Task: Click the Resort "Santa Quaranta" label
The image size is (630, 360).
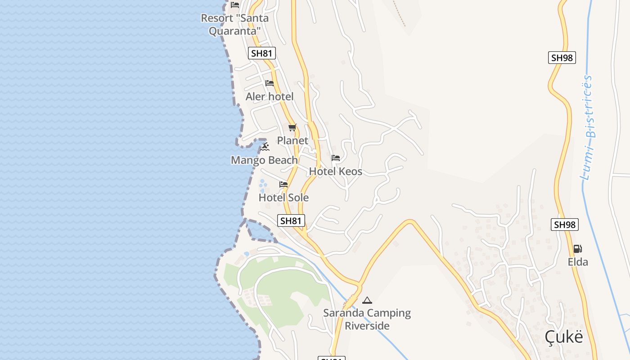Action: coord(234,24)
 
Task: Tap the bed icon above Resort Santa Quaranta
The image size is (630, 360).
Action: coord(235,5)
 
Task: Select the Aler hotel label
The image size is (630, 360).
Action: coord(270,96)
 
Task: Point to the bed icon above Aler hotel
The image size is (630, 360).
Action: coord(270,83)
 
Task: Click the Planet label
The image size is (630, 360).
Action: coord(292,140)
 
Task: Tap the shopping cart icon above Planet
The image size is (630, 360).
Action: coord(292,128)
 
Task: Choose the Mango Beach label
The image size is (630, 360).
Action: coord(264,160)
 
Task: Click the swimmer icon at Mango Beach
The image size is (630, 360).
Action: coord(265,147)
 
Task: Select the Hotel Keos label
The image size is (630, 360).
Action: coord(335,171)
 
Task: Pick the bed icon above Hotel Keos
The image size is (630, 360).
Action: coord(336,158)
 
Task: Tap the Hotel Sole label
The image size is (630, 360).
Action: coord(283,197)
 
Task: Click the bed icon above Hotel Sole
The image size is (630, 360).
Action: coord(283,184)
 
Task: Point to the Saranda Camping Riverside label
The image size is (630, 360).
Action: coord(367,319)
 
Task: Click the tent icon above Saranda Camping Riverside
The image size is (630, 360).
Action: coord(367,300)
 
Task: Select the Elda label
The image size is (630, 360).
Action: coord(578,261)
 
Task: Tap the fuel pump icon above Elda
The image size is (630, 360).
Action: coord(577,249)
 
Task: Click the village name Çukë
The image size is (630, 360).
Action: coord(564,337)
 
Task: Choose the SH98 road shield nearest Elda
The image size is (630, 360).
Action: coord(565,225)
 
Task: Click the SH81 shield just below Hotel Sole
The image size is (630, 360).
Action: coord(291,220)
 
